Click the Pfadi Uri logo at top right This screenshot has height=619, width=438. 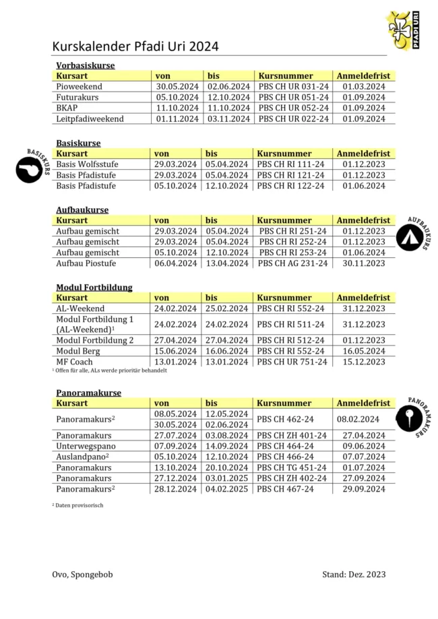pos(404,30)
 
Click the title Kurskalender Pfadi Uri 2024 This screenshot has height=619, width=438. pos(135,46)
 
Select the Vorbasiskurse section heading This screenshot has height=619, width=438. pos(85,65)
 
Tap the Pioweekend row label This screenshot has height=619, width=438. pos(79,87)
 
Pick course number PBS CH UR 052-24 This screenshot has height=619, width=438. pos(293,108)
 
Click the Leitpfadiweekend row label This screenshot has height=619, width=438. pos(90,119)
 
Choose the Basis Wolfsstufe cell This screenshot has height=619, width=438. pos(86,164)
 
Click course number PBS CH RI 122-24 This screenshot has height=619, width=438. pos(293,186)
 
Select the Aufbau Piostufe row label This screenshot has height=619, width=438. pos(87,263)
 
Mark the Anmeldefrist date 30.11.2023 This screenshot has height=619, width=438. pos(363,263)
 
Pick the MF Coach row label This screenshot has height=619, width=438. pos(74,362)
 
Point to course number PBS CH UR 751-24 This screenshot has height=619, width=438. pos(293,362)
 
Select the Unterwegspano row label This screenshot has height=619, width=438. pos(86,446)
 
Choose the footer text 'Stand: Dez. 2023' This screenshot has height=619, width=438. pos(354,574)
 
